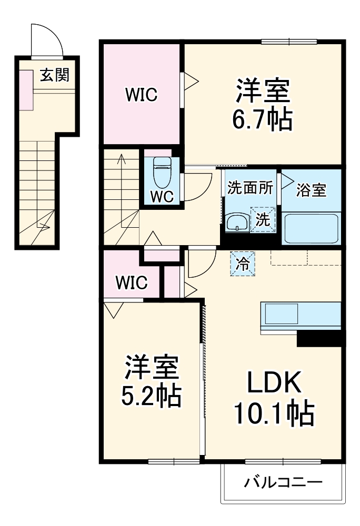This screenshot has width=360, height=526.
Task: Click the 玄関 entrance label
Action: click(x=55, y=76)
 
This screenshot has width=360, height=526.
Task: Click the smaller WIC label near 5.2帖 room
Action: click(x=131, y=282)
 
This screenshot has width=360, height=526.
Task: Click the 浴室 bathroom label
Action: click(x=311, y=190)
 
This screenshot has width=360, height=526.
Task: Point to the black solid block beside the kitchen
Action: click(x=319, y=339)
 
